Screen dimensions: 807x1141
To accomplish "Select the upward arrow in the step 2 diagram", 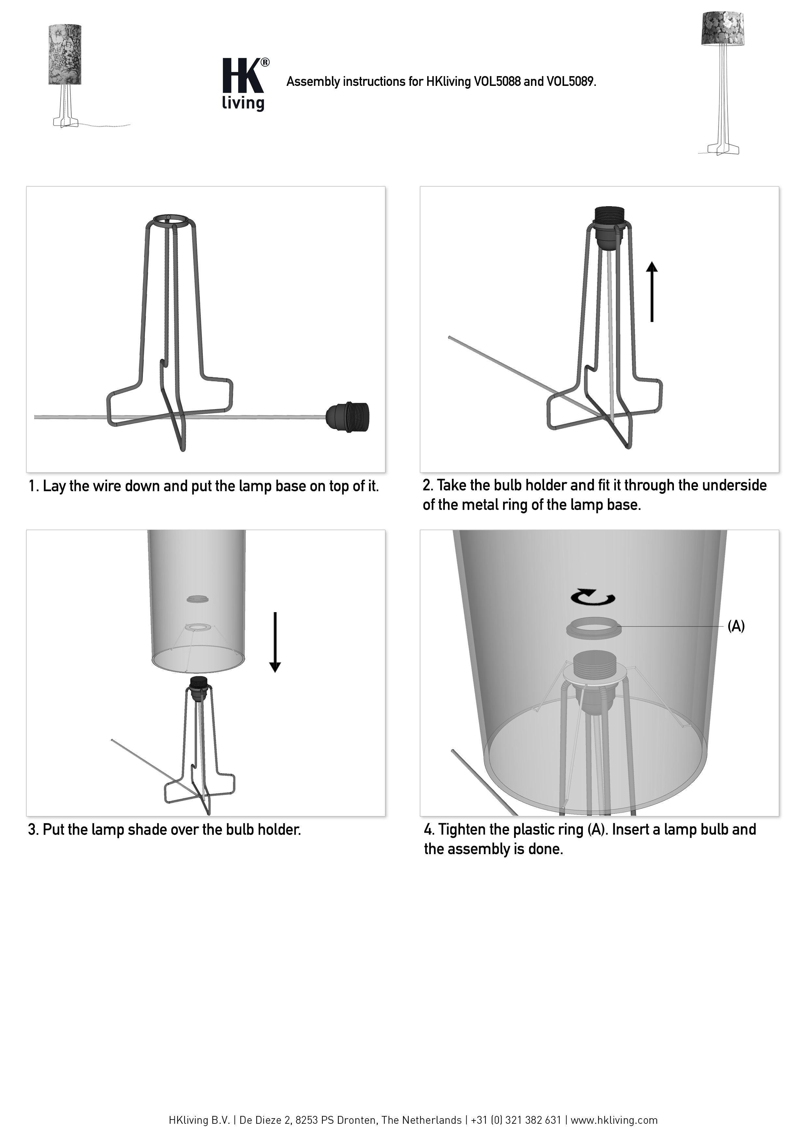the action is (x=652, y=292).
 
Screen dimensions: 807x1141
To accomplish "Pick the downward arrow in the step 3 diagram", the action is (x=275, y=642).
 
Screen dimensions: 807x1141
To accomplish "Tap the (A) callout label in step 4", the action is (x=736, y=627).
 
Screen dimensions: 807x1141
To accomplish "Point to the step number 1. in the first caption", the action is (x=33, y=486).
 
